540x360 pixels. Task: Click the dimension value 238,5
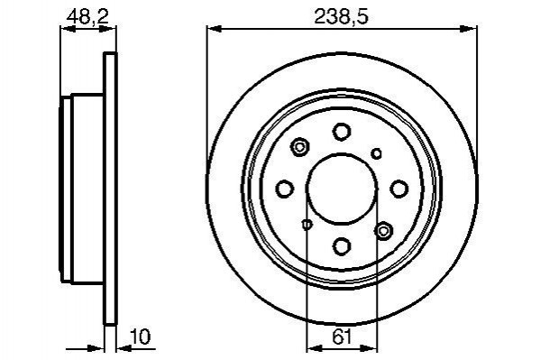pos(341,16)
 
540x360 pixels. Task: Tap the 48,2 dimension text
pos(87,16)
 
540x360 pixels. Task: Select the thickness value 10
pos(141,337)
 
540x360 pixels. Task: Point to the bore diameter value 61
pos(343,337)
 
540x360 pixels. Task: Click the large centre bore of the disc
pos(342,189)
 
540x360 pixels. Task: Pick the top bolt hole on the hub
pos(342,132)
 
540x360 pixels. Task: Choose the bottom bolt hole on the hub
pos(342,246)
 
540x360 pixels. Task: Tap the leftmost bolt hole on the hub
pos(285,189)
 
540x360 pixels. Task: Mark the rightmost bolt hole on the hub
pos(398,189)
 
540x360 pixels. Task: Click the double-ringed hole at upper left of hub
pos(300,148)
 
